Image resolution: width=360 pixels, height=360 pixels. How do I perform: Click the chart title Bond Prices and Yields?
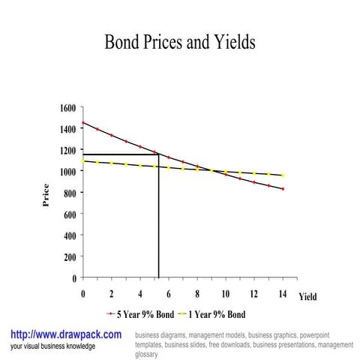[180, 42]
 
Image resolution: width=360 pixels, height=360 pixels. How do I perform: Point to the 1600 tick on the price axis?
[67, 108]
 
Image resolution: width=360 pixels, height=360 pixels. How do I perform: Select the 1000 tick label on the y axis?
[67, 172]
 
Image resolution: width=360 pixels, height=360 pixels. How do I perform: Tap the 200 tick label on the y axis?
[70, 256]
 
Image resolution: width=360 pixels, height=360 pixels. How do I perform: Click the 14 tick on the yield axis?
[283, 294]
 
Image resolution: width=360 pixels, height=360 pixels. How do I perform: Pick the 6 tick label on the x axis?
[169, 294]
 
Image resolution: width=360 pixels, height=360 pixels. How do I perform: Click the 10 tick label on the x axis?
[225, 294]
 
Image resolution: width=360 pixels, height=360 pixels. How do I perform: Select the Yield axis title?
[307, 297]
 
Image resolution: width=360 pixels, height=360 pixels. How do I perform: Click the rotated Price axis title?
[46, 197]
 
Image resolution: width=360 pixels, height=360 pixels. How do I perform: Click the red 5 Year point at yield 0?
[82, 122]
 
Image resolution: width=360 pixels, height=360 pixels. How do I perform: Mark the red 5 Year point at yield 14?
[283, 189]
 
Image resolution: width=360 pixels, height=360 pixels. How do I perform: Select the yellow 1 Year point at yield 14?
[283, 175]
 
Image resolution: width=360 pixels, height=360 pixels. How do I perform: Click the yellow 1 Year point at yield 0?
[82, 160]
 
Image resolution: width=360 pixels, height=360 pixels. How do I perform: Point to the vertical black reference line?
[158, 225]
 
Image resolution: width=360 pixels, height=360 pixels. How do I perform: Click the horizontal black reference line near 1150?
[120, 154]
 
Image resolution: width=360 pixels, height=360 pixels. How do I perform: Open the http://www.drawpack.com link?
[65, 334]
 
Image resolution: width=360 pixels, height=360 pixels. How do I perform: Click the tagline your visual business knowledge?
[52, 346]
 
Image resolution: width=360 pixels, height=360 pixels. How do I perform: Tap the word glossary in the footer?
[146, 354]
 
